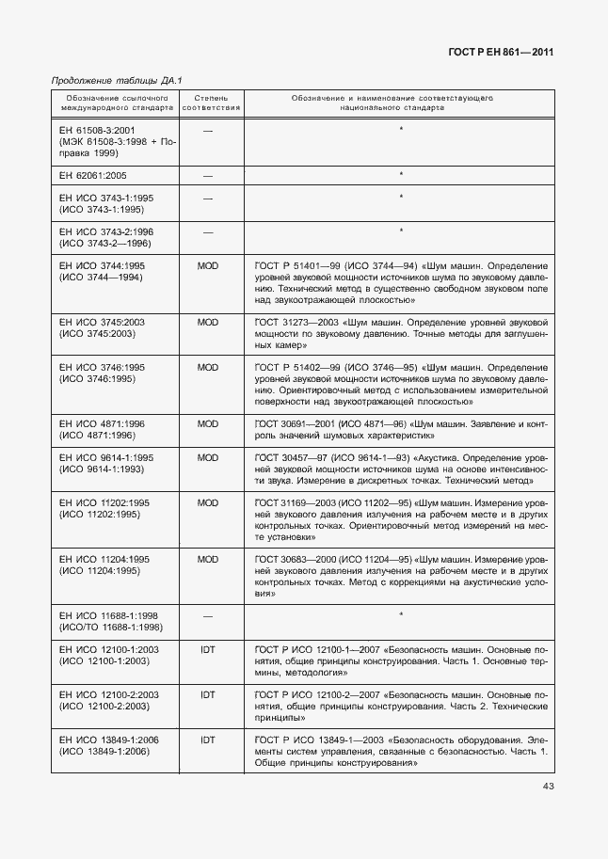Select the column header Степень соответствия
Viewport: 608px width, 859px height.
tap(211, 103)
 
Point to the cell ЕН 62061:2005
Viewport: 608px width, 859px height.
tap(92, 175)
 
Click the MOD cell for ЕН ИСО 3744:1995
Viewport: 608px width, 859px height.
tap(208, 266)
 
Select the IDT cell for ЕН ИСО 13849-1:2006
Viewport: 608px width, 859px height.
tap(208, 740)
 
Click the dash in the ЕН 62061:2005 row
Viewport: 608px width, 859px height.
tap(208, 175)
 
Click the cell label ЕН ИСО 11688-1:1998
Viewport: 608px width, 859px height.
tap(106, 614)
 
